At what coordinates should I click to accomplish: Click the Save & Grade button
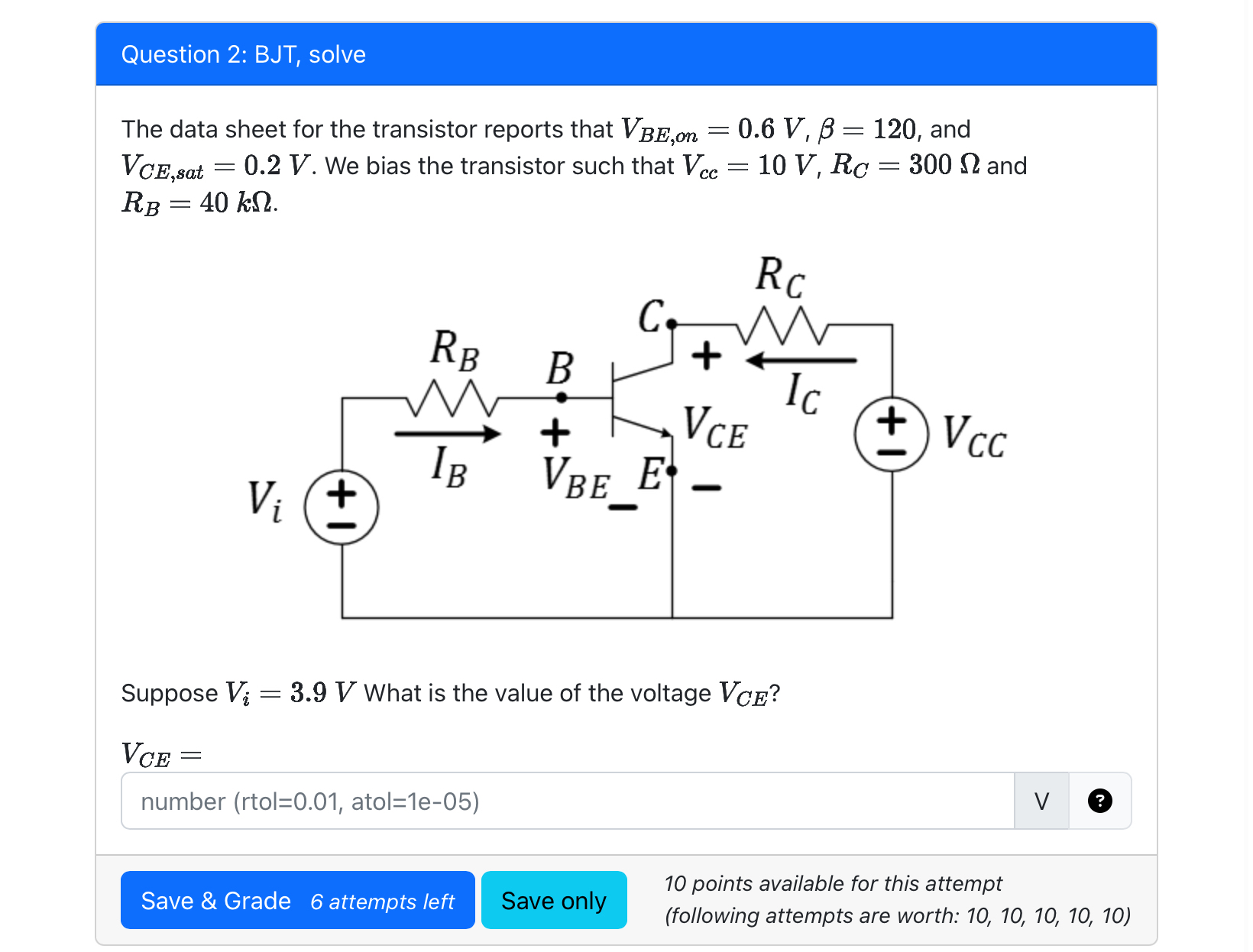[x=297, y=900]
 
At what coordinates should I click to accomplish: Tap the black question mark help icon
[x=1099, y=801]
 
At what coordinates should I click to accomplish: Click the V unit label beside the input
[x=1041, y=801]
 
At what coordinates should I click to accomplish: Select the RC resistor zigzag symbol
[x=782, y=326]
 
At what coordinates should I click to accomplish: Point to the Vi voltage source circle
[x=342, y=507]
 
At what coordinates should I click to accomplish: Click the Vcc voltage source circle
[x=892, y=434]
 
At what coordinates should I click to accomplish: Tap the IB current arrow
[x=447, y=434]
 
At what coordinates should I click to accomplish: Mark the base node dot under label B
[x=562, y=397]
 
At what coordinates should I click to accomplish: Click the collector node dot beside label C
[x=672, y=324]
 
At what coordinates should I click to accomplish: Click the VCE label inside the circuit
[x=714, y=429]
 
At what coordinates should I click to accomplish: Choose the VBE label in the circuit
[x=576, y=476]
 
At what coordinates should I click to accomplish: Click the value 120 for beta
[x=895, y=129]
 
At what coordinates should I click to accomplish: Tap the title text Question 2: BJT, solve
[x=243, y=54]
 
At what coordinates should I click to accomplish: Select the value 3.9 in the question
[x=309, y=693]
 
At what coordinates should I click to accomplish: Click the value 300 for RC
[x=930, y=165]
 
